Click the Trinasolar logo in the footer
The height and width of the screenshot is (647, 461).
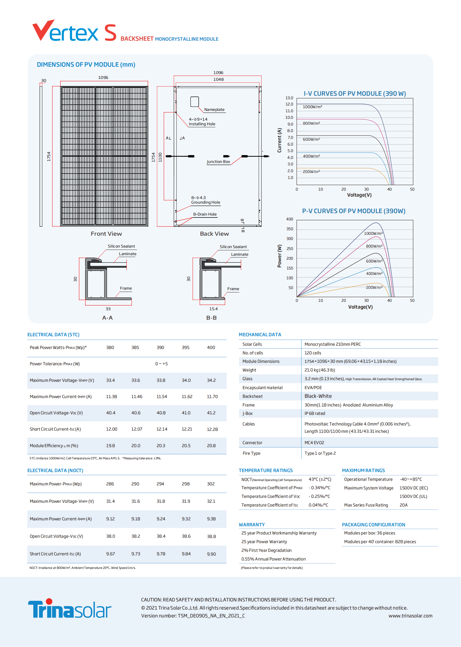[x=70, y=608]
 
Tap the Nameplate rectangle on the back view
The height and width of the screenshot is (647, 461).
[x=194, y=102]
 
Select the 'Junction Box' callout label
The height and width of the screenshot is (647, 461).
[x=218, y=162]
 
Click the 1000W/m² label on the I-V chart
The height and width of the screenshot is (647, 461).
[x=312, y=107]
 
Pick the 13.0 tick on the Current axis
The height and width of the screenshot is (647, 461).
[x=289, y=98]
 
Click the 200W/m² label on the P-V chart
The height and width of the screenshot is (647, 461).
[x=374, y=287]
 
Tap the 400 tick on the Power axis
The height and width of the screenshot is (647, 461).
[x=289, y=219]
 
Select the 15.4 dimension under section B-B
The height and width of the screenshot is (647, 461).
[x=214, y=309]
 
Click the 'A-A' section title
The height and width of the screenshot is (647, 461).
[x=107, y=318]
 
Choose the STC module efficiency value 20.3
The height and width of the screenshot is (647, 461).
[x=161, y=446]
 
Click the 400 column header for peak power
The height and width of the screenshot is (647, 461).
[x=211, y=347]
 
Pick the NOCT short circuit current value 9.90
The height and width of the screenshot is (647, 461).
[x=211, y=554]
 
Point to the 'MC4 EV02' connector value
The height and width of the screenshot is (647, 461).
[x=314, y=443]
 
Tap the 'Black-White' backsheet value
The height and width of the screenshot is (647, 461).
[x=318, y=396]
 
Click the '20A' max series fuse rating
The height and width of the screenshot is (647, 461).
[x=403, y=505]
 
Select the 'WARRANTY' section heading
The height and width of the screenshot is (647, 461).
[x=252, y=525]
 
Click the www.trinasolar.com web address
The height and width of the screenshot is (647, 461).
[x=411, y=616]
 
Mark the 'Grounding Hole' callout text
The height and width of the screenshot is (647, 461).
[x=205, y=202]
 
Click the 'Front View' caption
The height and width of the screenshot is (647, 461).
[x=106, y=234]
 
